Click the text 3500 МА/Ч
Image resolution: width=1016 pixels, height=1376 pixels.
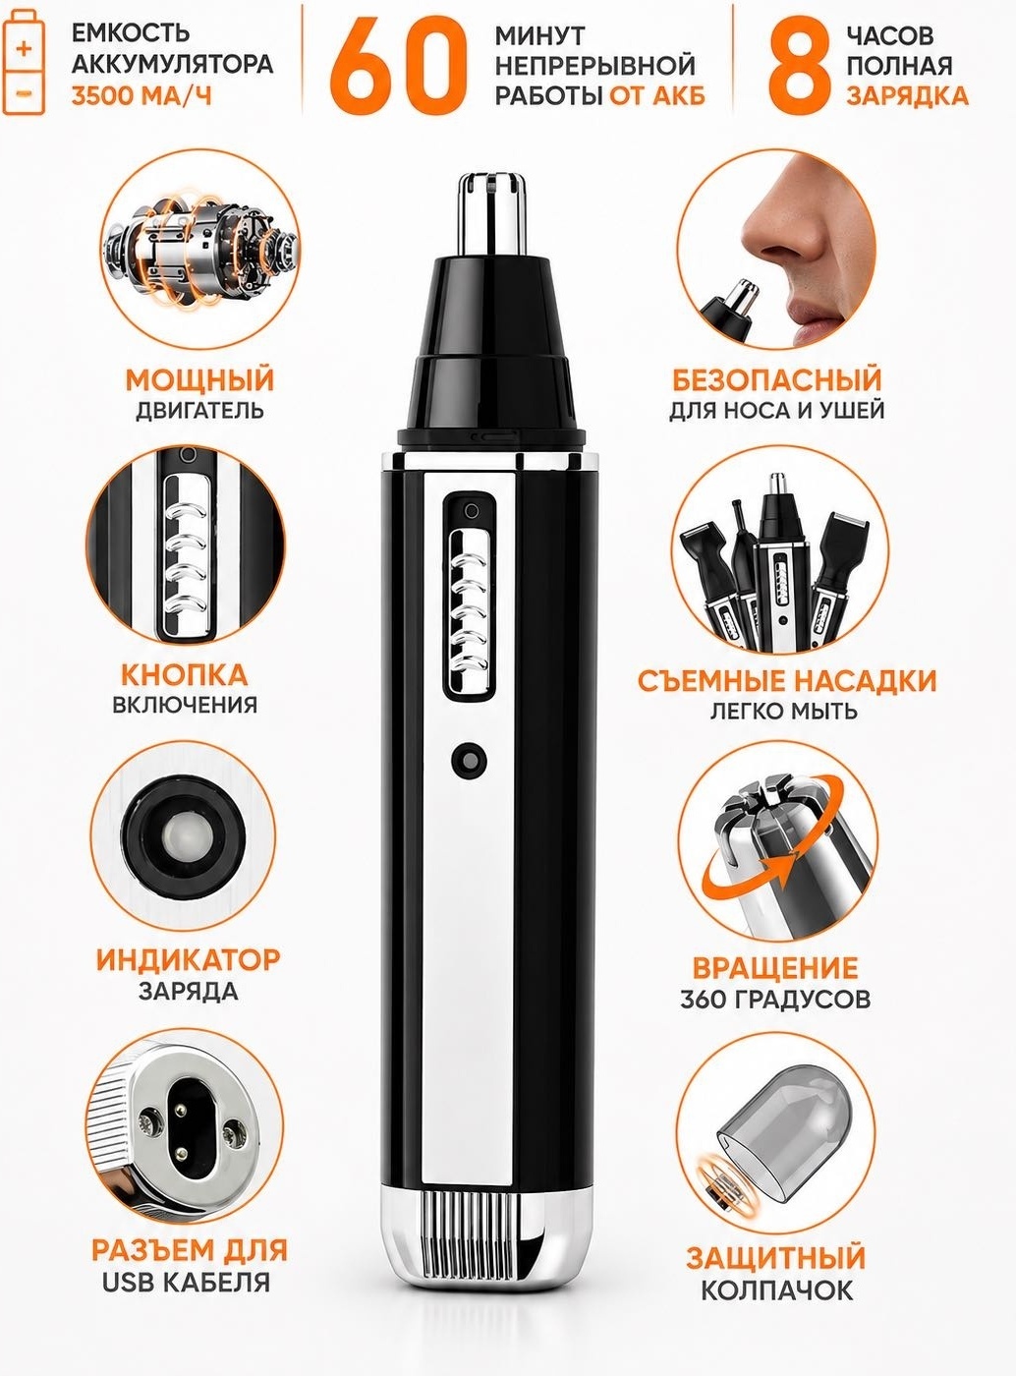pos(141,97)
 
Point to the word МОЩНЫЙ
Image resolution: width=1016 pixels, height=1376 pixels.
pos(199,379)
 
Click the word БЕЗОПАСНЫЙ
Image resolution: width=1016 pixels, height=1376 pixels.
pos(777,379)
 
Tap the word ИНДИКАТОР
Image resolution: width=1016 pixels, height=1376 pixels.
pos(188,959)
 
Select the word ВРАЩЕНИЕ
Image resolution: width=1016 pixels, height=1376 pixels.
pos(775,968)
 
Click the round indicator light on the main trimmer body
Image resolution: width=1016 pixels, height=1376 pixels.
pos(469,760)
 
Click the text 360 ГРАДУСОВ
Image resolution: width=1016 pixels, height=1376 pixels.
pos(775,1000)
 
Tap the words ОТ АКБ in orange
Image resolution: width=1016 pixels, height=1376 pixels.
pos(657,96)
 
